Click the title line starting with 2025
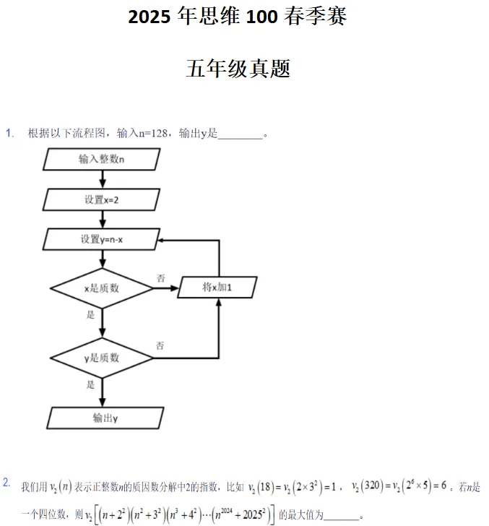point(238,17)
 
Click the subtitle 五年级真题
point(238,69)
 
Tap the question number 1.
point(9,132)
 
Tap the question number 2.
point(7,482)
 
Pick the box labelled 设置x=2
point(101,199)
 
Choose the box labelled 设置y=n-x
point(101,239)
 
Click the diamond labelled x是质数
point(102,288)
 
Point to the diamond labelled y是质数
point(102,358)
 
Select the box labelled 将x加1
point(217,288)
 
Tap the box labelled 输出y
point(105,418)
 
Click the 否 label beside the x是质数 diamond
point(160,278)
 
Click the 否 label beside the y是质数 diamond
point(160,345)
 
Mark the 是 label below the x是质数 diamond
point(91,314)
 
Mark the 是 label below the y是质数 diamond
point(91,384)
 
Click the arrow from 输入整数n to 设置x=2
point(102,179)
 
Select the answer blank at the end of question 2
point(342,515)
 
